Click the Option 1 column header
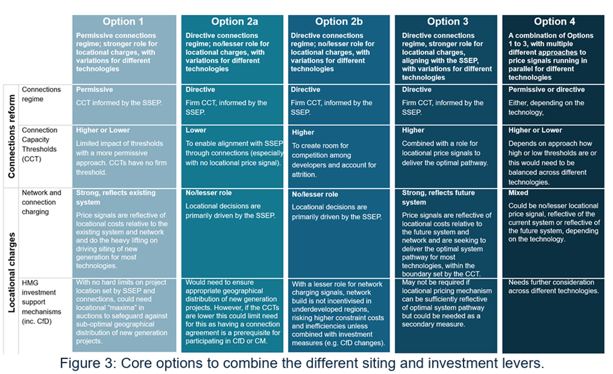click(123, 21)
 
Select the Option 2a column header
click(234, 21)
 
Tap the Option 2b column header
click(339, 21)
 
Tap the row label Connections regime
click(41, 94)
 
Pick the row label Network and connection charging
click(41, 202)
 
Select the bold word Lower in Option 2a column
click(196, 130)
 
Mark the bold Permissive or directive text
click(547, 89)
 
